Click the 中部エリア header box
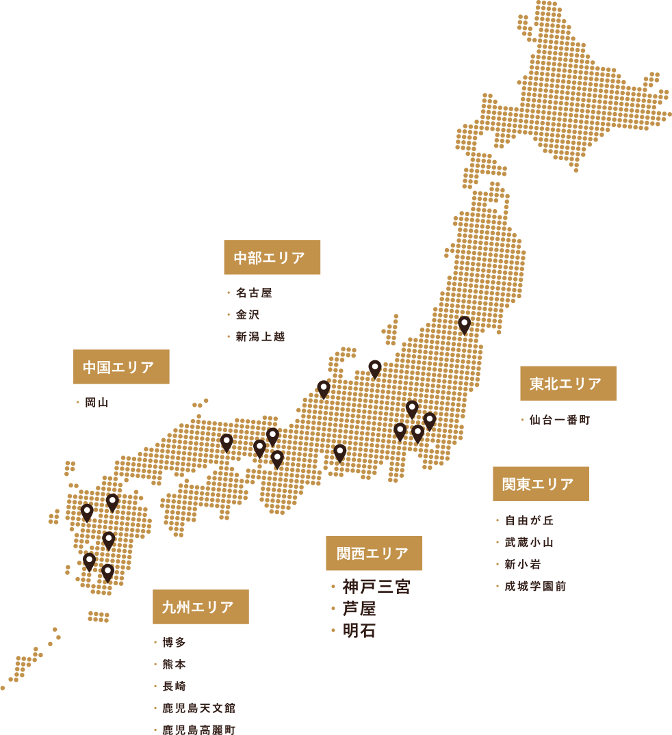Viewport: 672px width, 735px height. coord(272,258)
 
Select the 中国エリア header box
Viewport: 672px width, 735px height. coord(121,367)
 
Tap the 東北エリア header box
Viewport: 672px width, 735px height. coord(568,384)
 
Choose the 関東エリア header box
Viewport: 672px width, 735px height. coord(541,484)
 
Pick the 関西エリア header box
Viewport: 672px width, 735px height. coord(374,553)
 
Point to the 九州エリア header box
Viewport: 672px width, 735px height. coord(201,606)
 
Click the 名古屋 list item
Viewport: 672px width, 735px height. coord(254,293)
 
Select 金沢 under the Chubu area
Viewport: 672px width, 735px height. coord(248,315)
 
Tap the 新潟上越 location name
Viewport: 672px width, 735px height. coord(260,336)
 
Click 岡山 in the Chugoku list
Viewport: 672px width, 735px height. coord(96,402)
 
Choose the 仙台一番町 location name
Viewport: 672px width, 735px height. coord(559,420)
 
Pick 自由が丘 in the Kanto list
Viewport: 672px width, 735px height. coord(529,520)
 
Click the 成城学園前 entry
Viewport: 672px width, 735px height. coord(535,586)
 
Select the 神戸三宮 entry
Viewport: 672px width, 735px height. coord(376,587)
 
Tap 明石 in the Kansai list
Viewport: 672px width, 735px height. coord(359,630)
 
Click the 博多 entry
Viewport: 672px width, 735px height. coord(175,642)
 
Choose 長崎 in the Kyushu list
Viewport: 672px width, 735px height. coord(175,686)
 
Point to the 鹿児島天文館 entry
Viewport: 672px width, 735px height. coord(199,708)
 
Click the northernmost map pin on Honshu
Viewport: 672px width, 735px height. coord(465,322)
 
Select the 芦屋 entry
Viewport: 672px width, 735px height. coord(359,609)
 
